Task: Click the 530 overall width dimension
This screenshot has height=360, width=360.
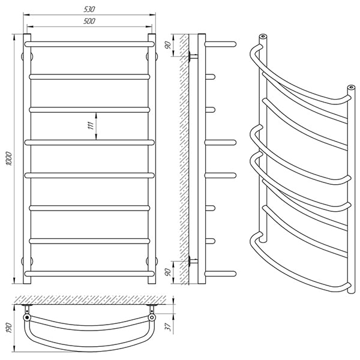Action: tap(89, 9)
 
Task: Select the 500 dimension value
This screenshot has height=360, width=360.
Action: tap(89, 21)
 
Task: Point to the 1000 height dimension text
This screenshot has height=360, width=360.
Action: tap(9, 158)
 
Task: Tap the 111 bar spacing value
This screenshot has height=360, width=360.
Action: tap(91, 125)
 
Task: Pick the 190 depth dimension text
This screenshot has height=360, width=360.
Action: tap(8, 328)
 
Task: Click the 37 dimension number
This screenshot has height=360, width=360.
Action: tap(169, 327)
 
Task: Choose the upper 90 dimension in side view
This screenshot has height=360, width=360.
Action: tap(168, 45)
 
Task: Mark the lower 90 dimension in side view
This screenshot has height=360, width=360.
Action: tap(168, 272)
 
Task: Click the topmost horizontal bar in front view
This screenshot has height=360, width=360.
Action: tap(89, 44)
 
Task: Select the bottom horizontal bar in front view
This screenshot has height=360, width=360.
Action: tap(89, 274)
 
